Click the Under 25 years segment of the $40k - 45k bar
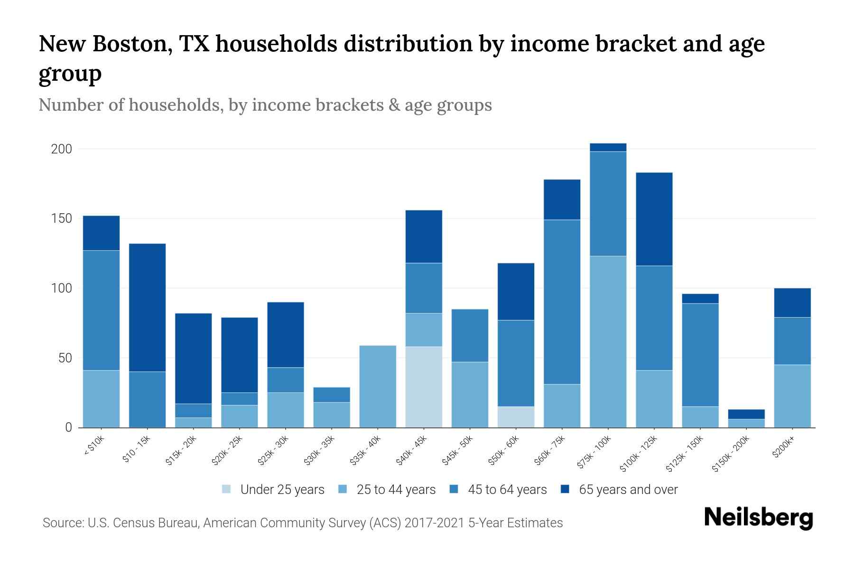pyautogui.click(x=424, y=387)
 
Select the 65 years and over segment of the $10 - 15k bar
pyautogui.click(x=147, y=307)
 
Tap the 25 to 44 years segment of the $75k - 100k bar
pyautogui.click(x=608, y=342)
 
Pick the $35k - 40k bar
pyautogui.click(x=378, y=386)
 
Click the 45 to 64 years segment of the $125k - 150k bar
pyautogui.click(x=700, y=355)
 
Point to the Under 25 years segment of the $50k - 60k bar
pyautogui.click(x=516, y=417)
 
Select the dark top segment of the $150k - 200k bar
pyautogui.click(x=746, y=414)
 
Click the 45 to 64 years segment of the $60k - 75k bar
pyautogui.click(x=562, y=302)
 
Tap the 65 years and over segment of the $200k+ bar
pyautogui.click(x=792, y=303)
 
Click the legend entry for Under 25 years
pyautogui.click(x=273, y=489)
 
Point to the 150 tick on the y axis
pyautogui.click(x=61, y=218)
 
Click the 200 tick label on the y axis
pyautogui.click(x=61, y=149)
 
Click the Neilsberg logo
pyautogui.click(x=758, y=518)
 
